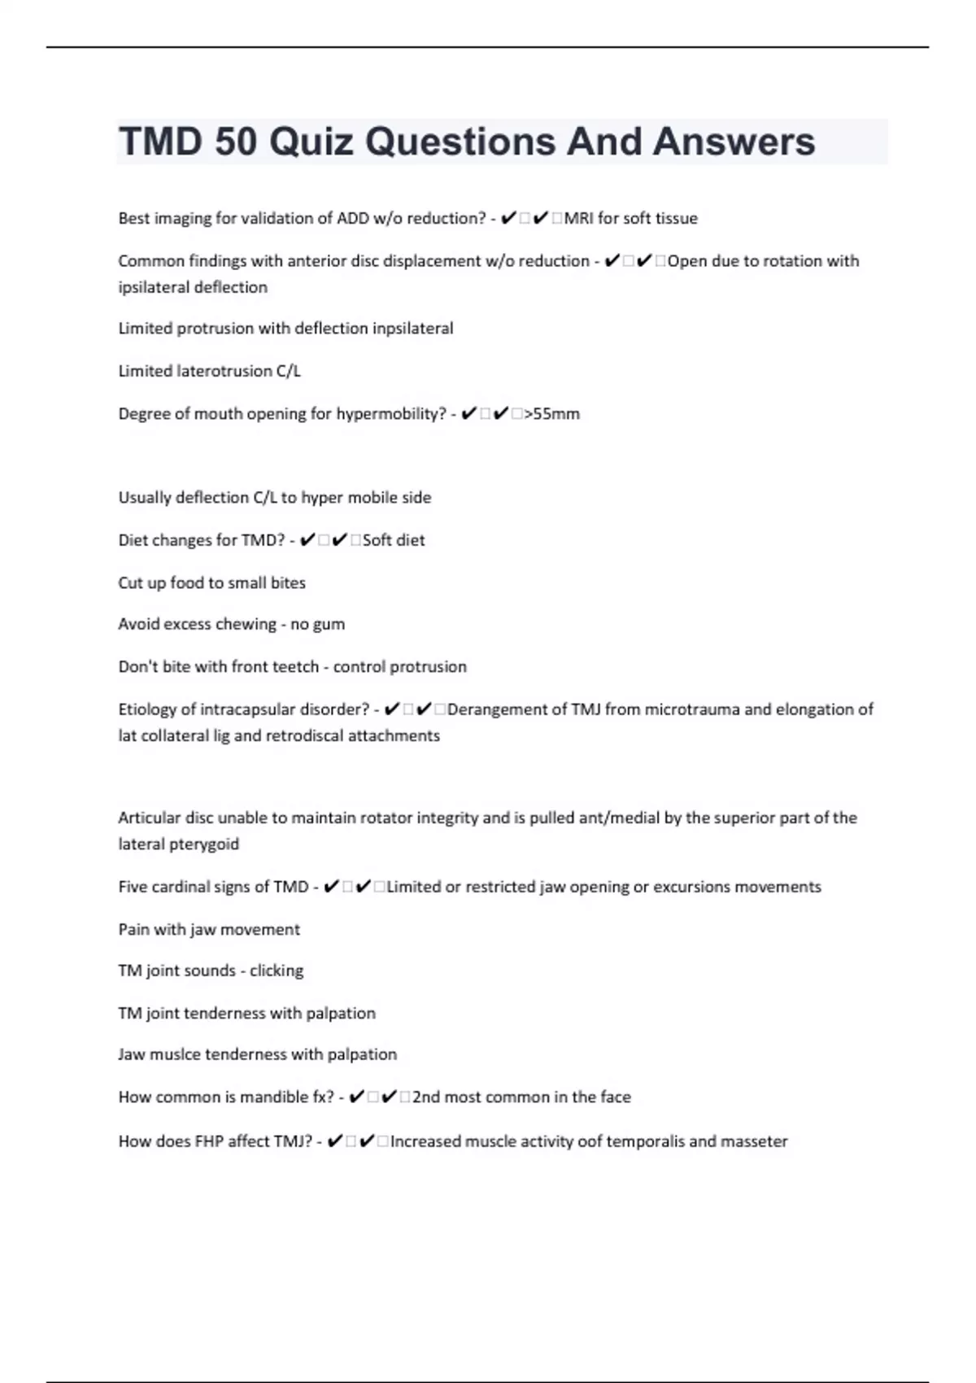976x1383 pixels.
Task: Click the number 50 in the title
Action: (x=235, y=142)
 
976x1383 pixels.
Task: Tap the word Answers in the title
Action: (x=733, y=142)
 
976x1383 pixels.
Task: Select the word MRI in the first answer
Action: (x=578, y=218)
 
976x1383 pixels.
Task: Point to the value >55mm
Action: (x=552, y=413)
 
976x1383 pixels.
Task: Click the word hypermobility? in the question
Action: (x=391, y=413)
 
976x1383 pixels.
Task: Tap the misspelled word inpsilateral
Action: (x=412, y=328)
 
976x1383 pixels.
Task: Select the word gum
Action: (x=329, y=624)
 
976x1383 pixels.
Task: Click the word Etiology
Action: (x=147, y=709)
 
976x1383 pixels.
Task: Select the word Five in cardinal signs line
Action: (x=133, y=887)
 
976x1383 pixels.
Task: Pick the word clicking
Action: (x=277, y=971)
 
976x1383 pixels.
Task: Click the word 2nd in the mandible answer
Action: (x=426, y=1097)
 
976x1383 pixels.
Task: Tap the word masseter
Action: (x=754, y=1141)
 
